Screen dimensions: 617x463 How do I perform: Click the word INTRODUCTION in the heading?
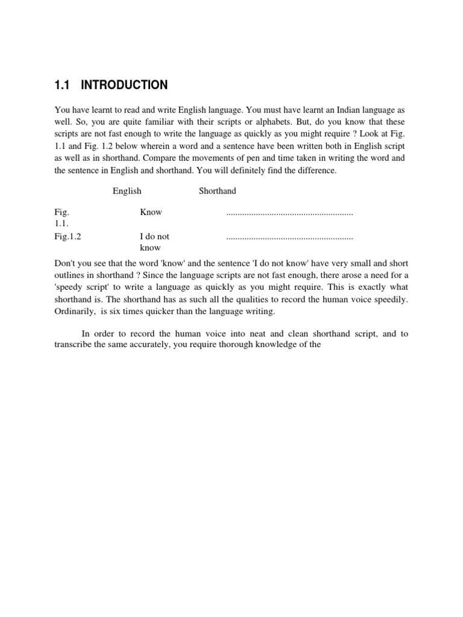tap(124, 86)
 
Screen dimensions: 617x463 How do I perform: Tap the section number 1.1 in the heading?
tap(62, 86)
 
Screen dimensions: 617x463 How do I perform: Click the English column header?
tap(127, 191)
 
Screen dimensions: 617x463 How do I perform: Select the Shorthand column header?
tap(218, 191)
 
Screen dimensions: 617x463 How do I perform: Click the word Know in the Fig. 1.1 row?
tap(151, 212)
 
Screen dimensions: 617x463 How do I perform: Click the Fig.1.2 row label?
tap(68, 237)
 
